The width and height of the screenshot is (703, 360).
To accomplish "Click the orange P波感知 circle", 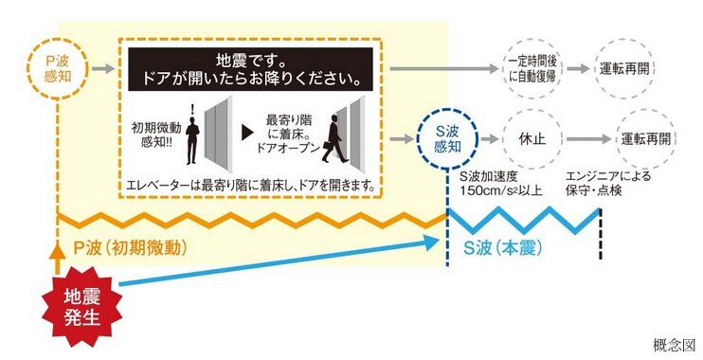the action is [x=59, y=68].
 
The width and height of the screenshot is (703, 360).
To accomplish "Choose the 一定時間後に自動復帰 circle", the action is [x=532, y=68].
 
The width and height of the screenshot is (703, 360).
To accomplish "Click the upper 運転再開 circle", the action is [x=624, y=68].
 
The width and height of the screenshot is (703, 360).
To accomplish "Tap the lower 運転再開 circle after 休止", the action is [x=646, y=138].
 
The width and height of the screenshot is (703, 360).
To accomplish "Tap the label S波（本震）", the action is [x=502, y=247].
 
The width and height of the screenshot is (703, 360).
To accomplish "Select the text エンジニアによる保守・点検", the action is [x=609, y=183].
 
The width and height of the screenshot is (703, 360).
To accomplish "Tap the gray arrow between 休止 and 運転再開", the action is [x=586, y=138].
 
